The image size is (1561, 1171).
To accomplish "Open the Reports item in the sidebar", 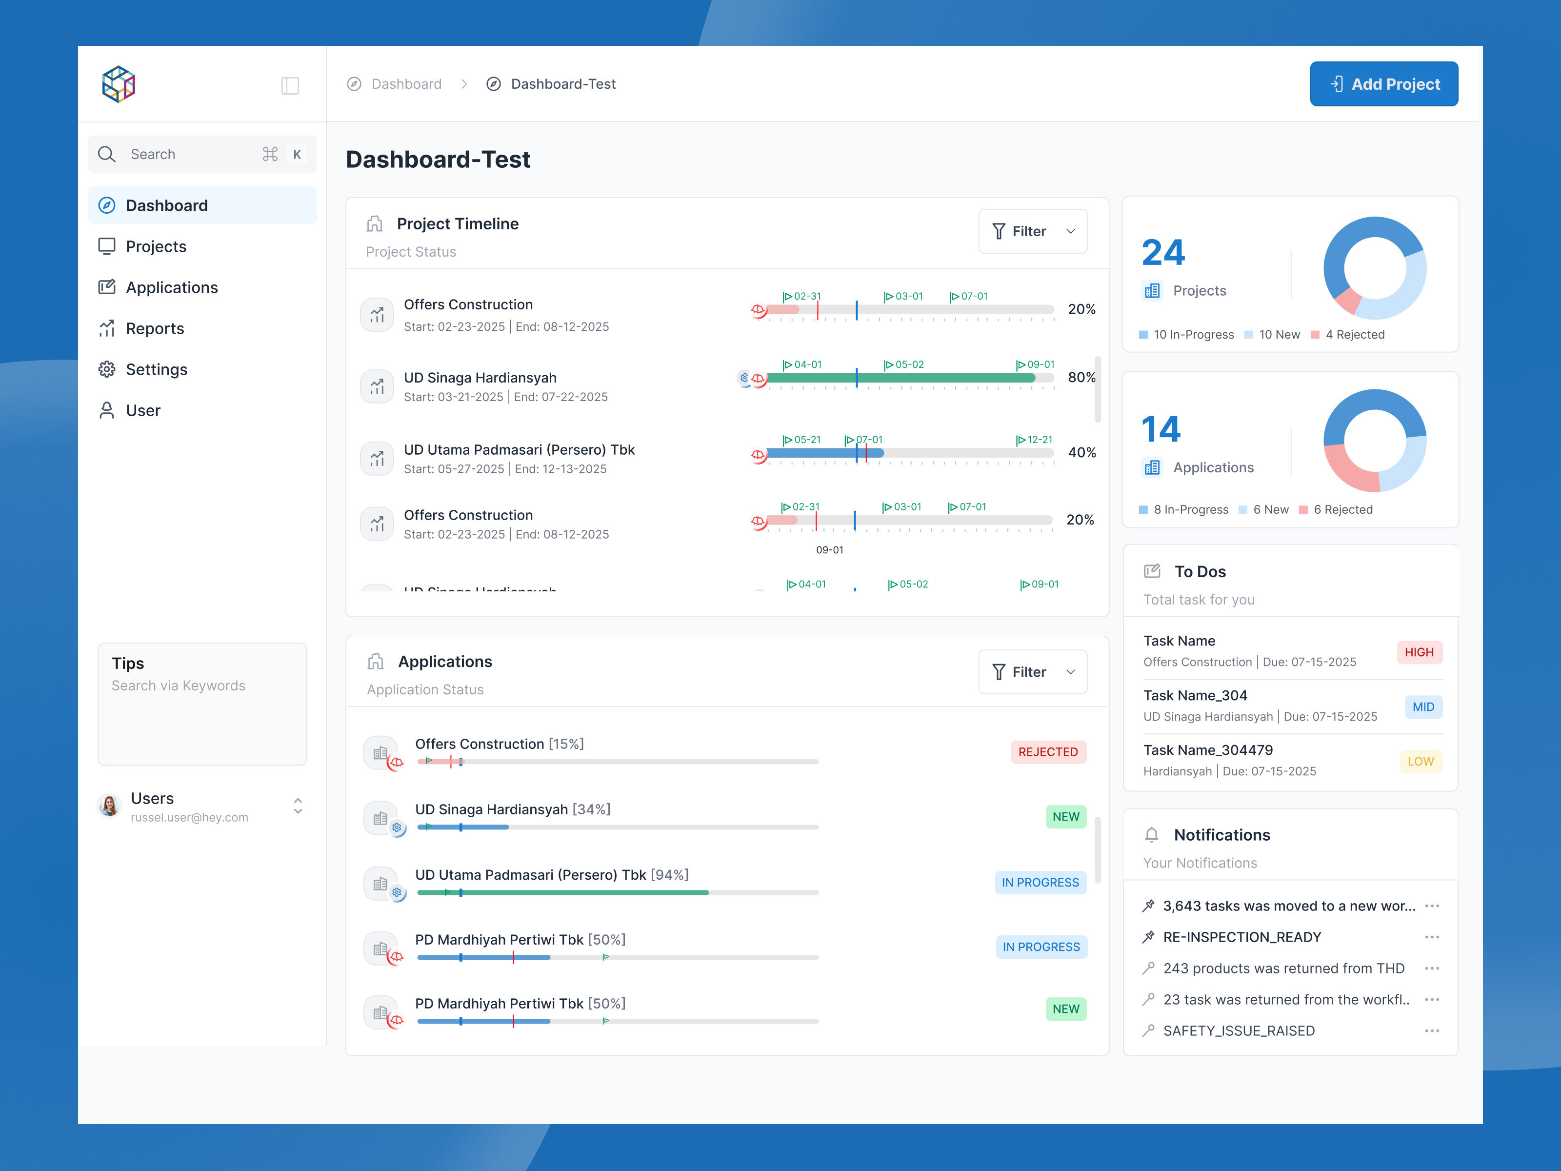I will click(155, 329).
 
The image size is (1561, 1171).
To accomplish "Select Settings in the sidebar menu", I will click(156, 370).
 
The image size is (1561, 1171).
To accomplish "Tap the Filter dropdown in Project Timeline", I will click(1032, 232).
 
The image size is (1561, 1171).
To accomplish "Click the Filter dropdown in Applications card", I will click(1032, 672).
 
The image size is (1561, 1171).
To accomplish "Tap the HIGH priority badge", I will click(1419, 652).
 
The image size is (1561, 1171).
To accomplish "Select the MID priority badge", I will click(1422, 707).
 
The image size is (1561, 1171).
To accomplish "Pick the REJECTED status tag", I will click(1047, 752).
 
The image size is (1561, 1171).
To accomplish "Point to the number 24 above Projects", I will click(1163, 253).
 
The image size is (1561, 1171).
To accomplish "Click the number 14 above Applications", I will click(1161, 429).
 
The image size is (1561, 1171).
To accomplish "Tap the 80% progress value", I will click(1081, 378).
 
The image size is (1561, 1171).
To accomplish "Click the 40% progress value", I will click(1081, 452).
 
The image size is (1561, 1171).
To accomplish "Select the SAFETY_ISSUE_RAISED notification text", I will click(1239, 1030).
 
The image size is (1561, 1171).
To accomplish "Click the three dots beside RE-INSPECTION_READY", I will click(1431, 937).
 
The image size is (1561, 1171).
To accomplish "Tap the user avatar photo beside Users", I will click(109, 806).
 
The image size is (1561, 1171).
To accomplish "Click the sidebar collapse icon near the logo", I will click(290, 85).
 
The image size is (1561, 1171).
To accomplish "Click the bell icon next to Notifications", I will click(1151, 835).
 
